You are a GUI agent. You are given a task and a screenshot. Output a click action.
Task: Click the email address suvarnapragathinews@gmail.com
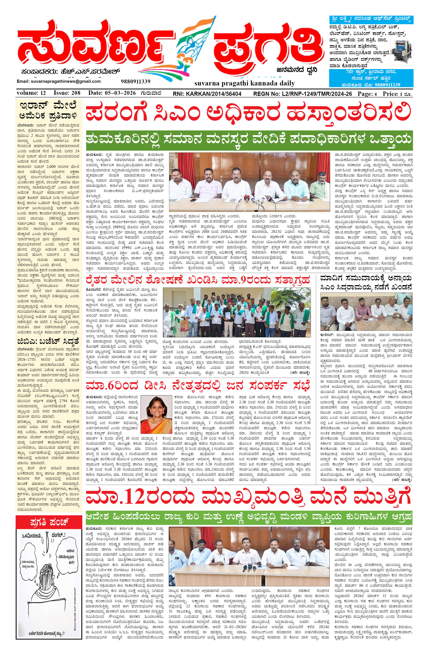pyautogui.click(x=59, y=82)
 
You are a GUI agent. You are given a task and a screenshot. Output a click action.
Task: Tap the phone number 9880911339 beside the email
pyautogui.click(x=135, y=82)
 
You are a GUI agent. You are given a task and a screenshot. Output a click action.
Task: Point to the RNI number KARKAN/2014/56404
pyautogui.click(x=207, y=94)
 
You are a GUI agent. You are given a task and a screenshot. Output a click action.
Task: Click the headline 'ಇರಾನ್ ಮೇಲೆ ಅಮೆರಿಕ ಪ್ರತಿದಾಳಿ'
pyautogui.click(x=49, y=110)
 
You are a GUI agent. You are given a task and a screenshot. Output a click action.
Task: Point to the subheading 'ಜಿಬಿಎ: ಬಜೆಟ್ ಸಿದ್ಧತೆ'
pyautogui.click(x=49, y=341)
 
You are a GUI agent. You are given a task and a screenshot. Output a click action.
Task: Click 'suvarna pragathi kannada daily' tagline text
pyautogui.click(x=245, y=83)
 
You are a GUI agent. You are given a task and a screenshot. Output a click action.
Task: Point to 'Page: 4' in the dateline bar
pyautogui.click(x=367, y=94)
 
